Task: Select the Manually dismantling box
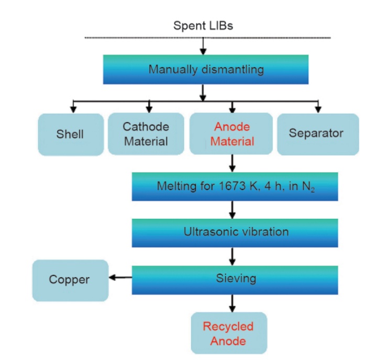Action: click(206, 69)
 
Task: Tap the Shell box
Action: click(70, 134)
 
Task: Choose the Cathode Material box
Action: click(146, 134)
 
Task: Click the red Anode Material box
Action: click(232, 134)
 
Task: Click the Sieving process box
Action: click(235, 279)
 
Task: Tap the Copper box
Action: click(70, 280)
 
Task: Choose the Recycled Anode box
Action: click(228, 333)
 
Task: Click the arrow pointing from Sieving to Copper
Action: click(120, 278)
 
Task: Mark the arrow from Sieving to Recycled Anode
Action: click(232, 303)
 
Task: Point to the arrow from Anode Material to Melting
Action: click(232, 164)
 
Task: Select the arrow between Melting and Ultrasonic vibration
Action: click(232, 210)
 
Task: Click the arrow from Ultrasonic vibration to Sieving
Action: click(232, 256)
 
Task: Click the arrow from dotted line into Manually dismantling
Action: click(203, 47)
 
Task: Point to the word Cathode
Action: click(146, 127)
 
